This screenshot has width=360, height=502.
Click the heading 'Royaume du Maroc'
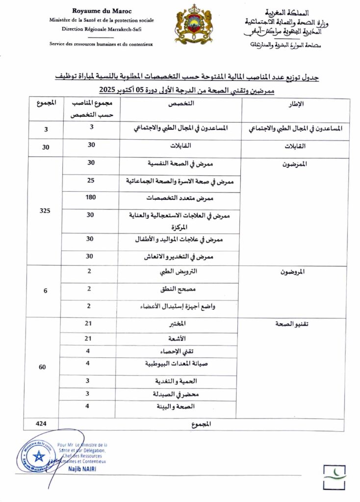tap(102, 11)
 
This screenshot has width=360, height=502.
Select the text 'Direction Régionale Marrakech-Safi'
tap(102, 29)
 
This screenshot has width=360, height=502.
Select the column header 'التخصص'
tap(180, 104)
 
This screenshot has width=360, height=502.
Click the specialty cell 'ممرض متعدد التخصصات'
tap(180, 199)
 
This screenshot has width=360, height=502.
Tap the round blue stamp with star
tap(38, 455)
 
